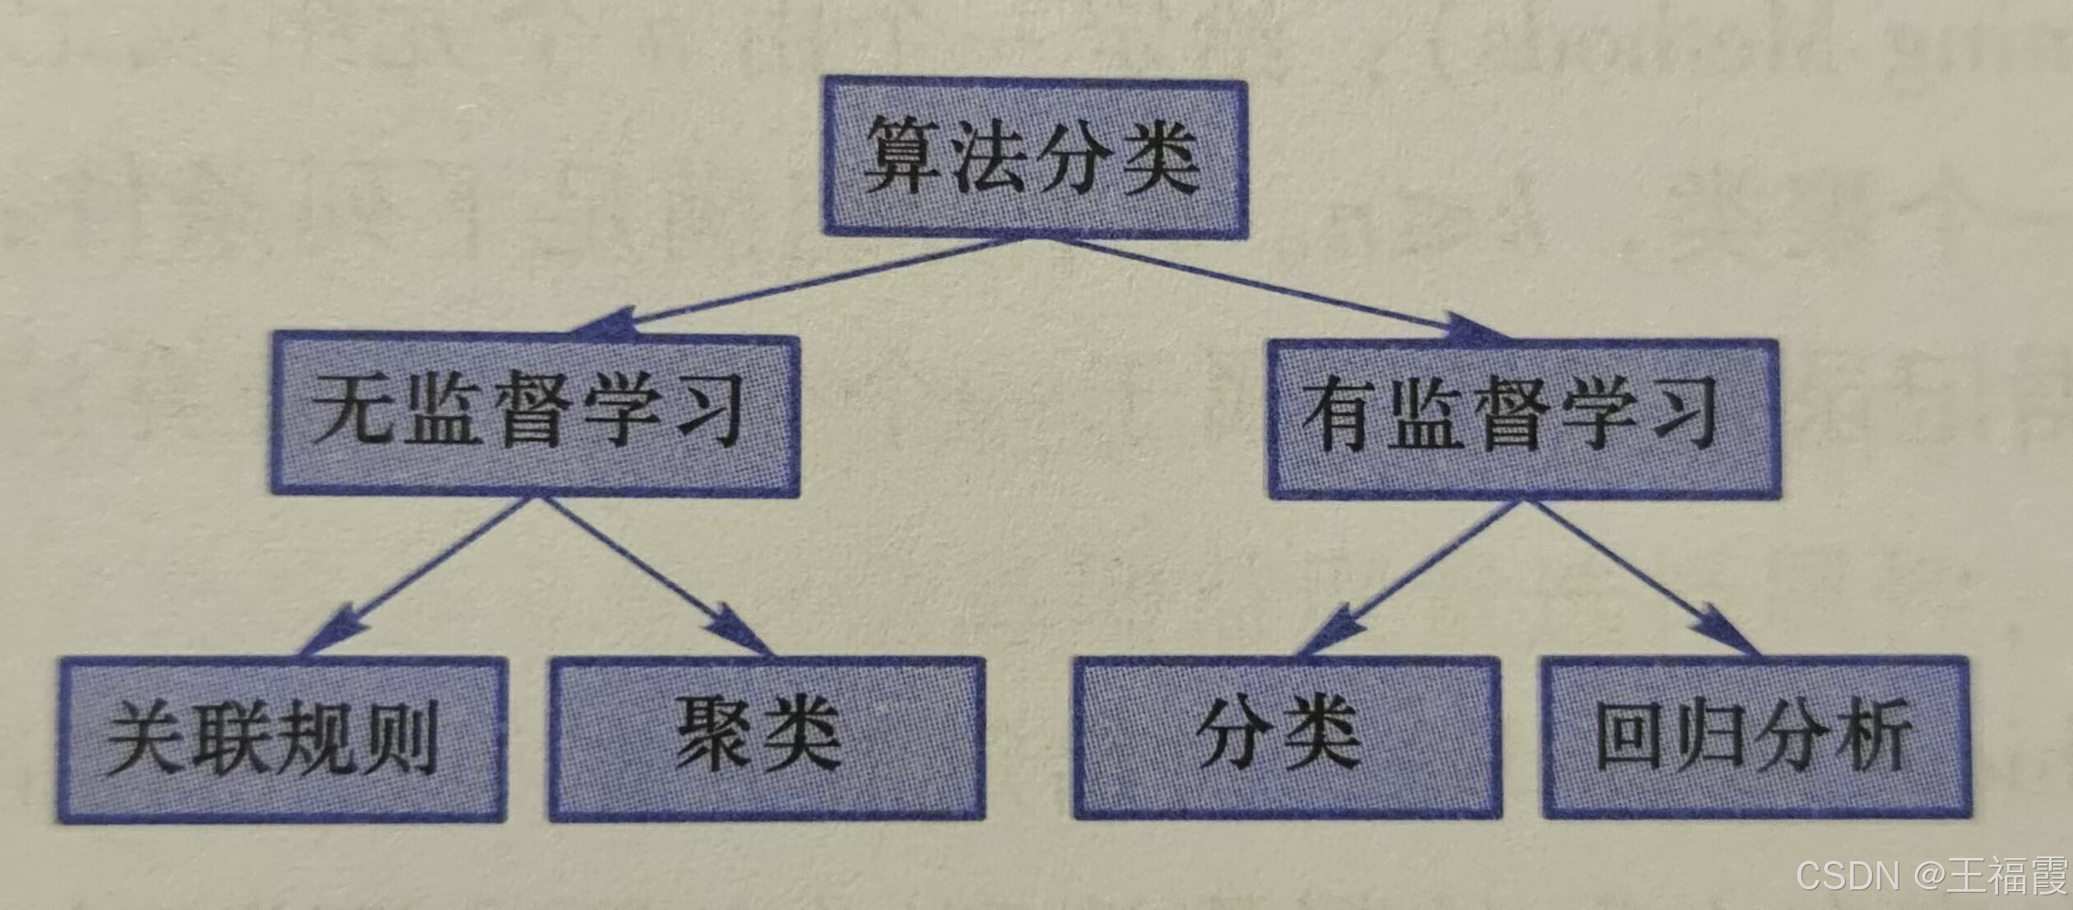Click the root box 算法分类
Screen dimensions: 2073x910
click(1035, 158)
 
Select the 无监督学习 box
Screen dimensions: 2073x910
click(535, 413)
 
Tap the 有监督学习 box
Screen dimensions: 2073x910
click(1523, 418)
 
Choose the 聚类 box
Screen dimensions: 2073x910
click(767, 737)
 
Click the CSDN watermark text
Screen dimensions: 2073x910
click(1846, 875)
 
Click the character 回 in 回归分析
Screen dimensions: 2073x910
click(1627, 734)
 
